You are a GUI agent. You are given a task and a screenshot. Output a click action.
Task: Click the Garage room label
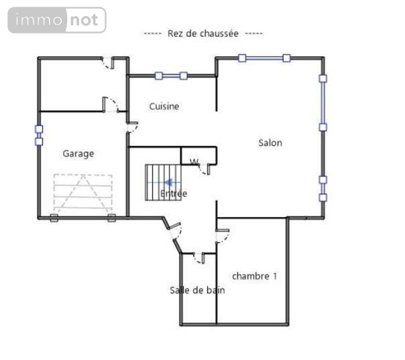pyautogui.click(x=78, y=154)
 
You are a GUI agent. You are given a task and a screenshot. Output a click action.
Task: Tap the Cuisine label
pyautogui.click(x=164, y=106)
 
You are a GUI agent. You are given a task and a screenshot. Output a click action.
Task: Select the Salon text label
pyautogui.click(x=270, y=143)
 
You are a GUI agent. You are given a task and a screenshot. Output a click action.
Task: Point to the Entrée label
pyautogui.click(x=174, y=194)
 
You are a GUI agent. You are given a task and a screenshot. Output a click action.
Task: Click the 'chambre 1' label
pyautogui.click(x=254, y=276)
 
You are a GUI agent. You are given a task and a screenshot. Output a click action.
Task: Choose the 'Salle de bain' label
pyautogui.click(x=197, y=290)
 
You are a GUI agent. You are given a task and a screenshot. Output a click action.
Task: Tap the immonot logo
pyautogui.click(x=58, y=20)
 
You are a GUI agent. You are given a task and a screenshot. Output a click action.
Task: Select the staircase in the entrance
pyautogui.click(x=161, y=182)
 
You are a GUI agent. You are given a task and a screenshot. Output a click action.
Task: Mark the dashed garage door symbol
pyautogui.click(x=82, y=193)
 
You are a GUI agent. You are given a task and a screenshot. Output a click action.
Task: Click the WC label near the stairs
pyautogui.click(x=194, y=161)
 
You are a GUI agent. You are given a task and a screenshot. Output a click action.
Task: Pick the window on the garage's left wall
pyautogui.click(x=38, y=133)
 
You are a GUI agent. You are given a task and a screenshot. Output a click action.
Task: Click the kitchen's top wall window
pyautogui.click(x=171, y=76)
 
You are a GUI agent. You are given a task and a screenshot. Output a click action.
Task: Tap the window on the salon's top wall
pyautogui.click(x=264, y=58)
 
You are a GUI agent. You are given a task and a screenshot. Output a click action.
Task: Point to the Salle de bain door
pyautogui.click(x=198, y=257)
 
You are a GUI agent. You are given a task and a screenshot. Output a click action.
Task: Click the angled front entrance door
pyautogui.click(x=176, y=234)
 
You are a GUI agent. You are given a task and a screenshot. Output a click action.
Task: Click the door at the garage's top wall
pyautogui.click(x=107, y=63)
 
